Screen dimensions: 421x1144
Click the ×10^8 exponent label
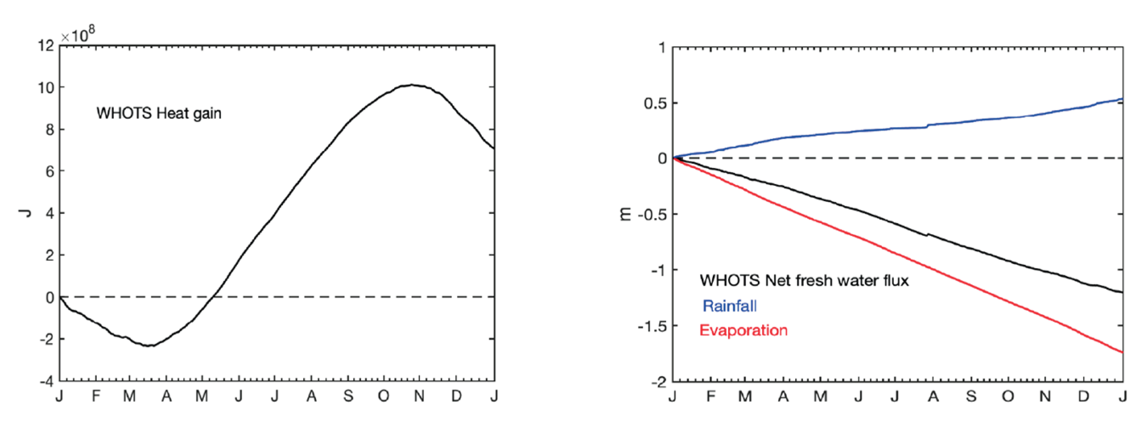[78, 35]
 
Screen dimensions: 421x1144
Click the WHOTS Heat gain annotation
[159, 113]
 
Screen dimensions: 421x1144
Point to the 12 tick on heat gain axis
[46, 45]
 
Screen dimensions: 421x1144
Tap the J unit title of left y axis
[25, 213]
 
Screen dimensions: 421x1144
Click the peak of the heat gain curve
[412, 85]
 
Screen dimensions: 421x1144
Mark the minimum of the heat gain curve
[150, 345]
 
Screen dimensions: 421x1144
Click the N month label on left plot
[419, 396]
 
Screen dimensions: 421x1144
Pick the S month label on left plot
[348, 396]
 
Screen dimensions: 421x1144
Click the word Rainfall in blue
[730, 306]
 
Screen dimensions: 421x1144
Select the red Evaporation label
[743, 331]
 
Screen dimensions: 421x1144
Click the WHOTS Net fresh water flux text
[804, 281]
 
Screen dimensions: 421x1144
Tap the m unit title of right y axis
[625, 215]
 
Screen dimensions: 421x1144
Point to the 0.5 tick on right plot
[655, 103]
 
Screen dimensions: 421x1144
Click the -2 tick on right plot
[658, 381]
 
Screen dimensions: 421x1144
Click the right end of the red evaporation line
[1122, 352]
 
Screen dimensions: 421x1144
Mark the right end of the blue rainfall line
[1122, 99]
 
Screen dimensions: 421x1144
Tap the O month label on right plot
[1008, 396]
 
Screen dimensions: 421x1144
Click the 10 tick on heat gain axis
[46, 88]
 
